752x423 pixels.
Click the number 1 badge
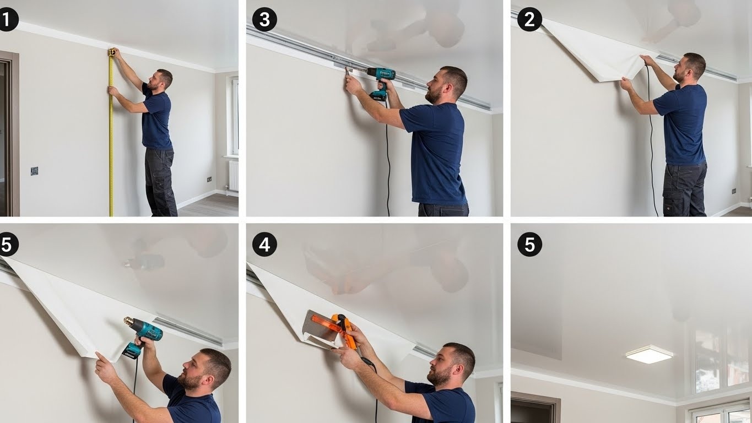(7, 19)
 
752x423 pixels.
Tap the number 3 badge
(264, 19)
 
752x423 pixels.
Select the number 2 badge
(529, 19)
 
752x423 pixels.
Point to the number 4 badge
(264, 245)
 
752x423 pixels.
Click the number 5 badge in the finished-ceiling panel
(529, 245)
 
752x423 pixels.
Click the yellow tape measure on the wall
(111, 133)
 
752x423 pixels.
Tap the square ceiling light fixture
(649, 355)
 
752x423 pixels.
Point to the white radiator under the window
(234, 175)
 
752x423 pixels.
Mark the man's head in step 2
(688, 67)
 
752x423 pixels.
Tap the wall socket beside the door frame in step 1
(34, 171)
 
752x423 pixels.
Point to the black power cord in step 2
(651, 141)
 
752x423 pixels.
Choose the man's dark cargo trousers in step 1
(160, 182)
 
